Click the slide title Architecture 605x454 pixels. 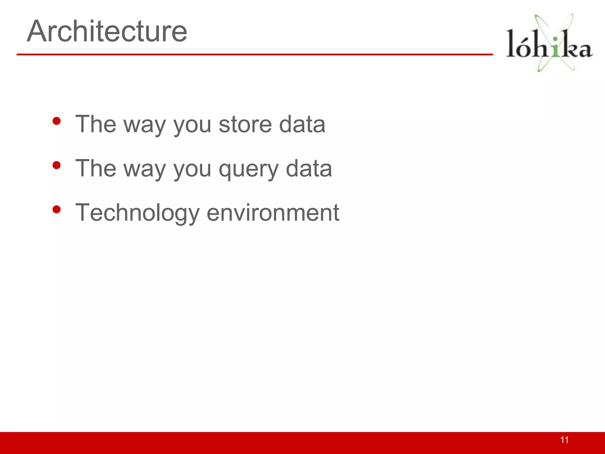click(x=107, y=31)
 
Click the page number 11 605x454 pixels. click(x=564, y=440)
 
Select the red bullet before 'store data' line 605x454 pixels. click(x=56, y=121)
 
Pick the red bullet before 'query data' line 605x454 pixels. click(x=56, y=165)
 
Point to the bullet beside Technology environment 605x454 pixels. click(x=56, y=210)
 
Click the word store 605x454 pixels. click(x=245, y=124)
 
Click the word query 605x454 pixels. click(x=248, y=169)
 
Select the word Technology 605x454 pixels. click(x=137, y=213)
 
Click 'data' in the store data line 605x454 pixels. click(x=302, y=124)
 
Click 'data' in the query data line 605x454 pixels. click(x=309, y=168)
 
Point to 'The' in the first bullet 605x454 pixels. click(x=96, y=124)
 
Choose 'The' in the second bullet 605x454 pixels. click(x=96, y=168)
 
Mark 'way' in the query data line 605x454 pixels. click(x=145, y=170)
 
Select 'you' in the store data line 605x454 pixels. click(x=192, y=125)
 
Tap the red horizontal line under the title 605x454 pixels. click(x=254, y=54)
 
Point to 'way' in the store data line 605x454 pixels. click(x=145, y=125)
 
